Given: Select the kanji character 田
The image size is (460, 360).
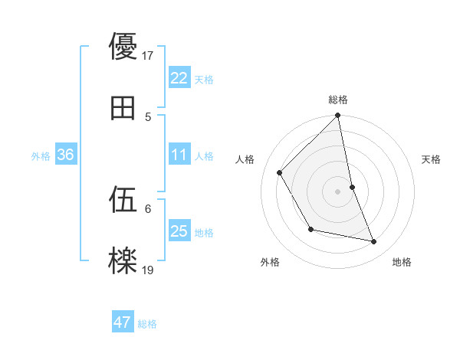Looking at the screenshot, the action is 123,109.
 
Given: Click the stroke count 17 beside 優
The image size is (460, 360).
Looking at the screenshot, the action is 148,55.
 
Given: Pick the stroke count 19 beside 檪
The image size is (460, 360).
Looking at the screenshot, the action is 148,270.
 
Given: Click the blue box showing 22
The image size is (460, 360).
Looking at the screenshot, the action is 179,78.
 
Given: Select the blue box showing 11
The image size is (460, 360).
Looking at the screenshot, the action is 179,155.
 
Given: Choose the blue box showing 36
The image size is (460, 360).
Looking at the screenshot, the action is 66,155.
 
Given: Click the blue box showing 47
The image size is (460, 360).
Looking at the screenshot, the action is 123,323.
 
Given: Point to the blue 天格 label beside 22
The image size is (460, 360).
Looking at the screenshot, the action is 204,79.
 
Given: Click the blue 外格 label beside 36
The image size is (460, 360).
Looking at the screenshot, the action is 41,156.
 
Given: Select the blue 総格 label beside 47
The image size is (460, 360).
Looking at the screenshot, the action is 147,324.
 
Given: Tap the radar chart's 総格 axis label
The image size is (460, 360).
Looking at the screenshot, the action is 338,100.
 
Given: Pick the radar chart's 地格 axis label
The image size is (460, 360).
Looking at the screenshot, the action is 402,262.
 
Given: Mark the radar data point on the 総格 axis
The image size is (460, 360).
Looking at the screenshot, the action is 338,116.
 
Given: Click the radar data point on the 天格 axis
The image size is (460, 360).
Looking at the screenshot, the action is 352,187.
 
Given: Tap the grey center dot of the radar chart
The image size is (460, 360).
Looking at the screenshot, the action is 338,191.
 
